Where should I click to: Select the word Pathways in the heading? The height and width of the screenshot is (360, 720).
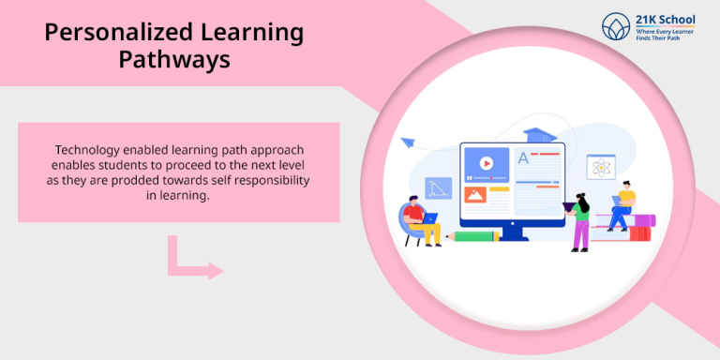(x=174, y=60)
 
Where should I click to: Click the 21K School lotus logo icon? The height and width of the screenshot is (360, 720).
(x=616, y=26)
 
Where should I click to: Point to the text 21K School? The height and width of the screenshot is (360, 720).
(x=666, y=19)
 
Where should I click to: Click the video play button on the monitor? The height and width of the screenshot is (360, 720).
(x=487, y=164)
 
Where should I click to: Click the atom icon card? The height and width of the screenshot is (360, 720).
(x=601, y=168)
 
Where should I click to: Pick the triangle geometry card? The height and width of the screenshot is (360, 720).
(x=438, y=188)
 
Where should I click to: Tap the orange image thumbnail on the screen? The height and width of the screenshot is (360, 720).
(x=474, y=195)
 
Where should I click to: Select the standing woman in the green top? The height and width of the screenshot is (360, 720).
(x=580, y=221)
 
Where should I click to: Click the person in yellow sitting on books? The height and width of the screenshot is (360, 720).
(x=622, y=206)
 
